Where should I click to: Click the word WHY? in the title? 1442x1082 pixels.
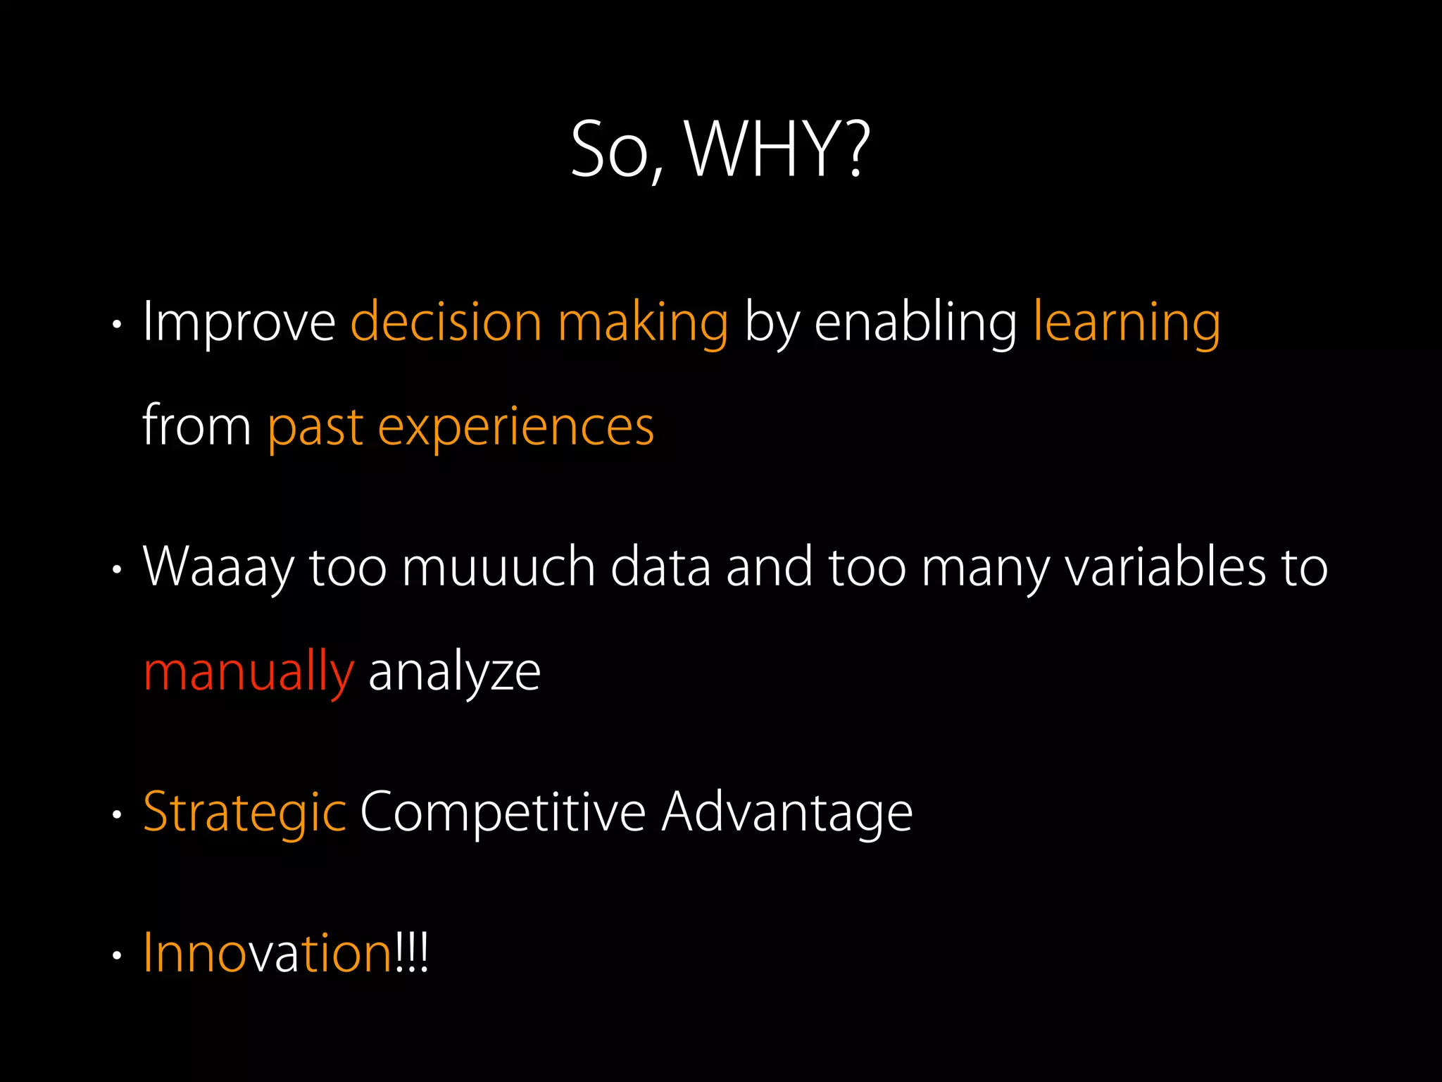pyautogui.click(x=777, y=149)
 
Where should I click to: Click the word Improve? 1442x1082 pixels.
pyautogui.click(x=239, y=323)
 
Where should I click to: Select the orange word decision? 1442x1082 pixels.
pyautogui.click(x=446, y=323)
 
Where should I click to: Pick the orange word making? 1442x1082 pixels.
pyautogui.click(x=643, y=323)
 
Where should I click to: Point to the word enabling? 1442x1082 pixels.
pyautogui.click(x=915, y=323)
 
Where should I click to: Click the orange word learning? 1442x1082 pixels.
pyautogui.click(x=1127, y=323)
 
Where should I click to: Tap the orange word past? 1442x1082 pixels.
pyautogui.click(x=315, y=428)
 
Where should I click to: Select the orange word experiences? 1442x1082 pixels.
pyautogui.click(x=516, y=428)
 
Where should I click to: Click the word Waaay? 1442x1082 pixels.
pyautogui.click(x=218, y=567)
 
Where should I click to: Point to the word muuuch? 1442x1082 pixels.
pyautogui.click(x=499, y=567)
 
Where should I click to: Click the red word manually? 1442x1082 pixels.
pyautogui.click(x=248, y=672)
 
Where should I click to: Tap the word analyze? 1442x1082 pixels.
pyautogui.click(x=454, y=672)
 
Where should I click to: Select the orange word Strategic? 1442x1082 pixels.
pyautogui.click(x=244, y=812)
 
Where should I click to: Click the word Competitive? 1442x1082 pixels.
pyautogui.click(x=503, y=812)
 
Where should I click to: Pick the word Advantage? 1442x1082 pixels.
pyautogui.click(x=786, y=812)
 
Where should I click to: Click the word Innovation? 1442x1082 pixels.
pyautogui.click(x=268, y=952)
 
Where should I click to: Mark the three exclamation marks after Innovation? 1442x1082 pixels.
pyautogui.click(x=412, y=952)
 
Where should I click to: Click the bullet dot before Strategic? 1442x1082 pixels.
pyautogui.click(x=118, y=816)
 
